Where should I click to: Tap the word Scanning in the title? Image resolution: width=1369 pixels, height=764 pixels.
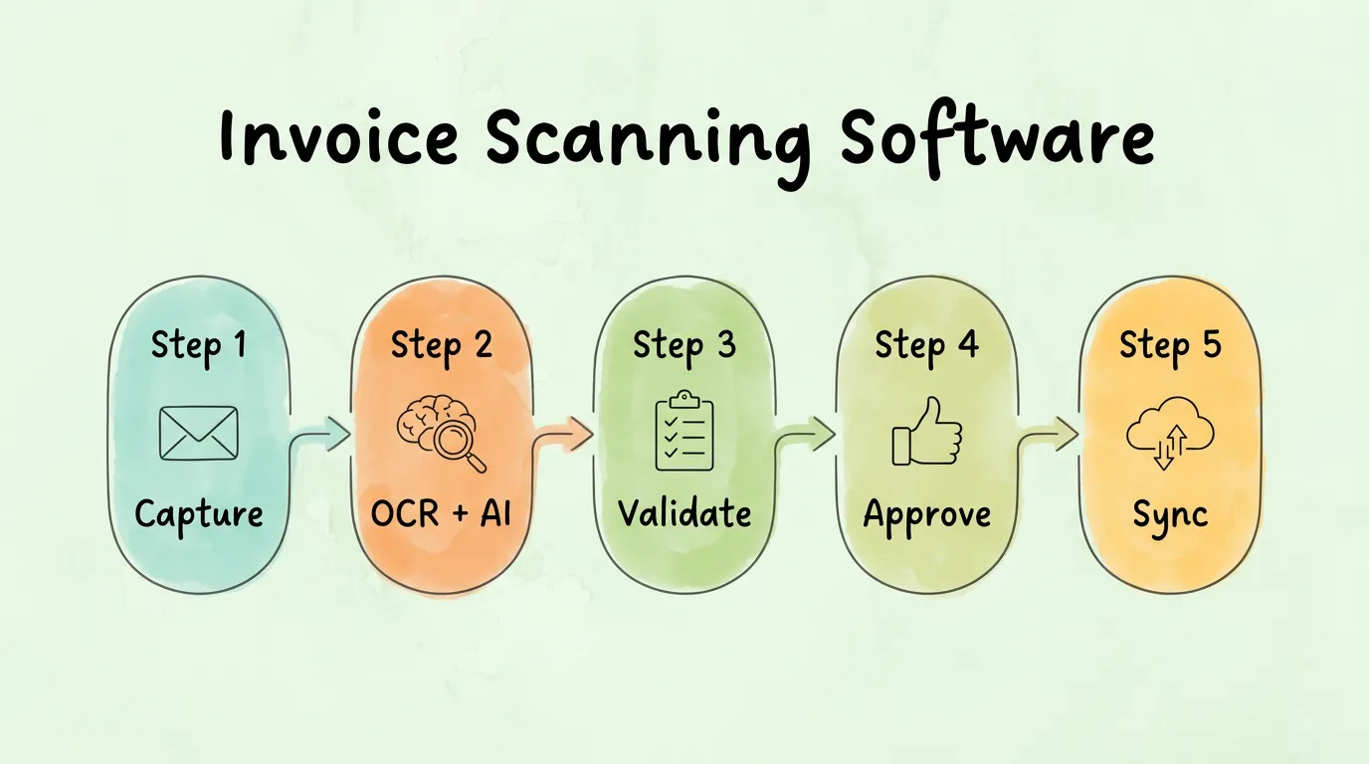coord(649,142)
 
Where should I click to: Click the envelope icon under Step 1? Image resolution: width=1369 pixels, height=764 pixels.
coord(199,434)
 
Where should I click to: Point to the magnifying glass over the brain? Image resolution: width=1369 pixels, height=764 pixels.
coord(457,444)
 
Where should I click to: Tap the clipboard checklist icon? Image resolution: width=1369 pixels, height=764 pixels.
coord(684,431)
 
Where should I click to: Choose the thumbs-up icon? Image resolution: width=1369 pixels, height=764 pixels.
coord(927,431)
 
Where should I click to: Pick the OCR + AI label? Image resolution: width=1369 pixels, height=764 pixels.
coord(441,512)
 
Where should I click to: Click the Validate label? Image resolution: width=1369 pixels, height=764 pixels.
coord(684,512)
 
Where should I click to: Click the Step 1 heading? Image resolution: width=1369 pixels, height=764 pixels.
coord(199,346)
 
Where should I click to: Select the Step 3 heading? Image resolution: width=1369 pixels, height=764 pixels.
coord(684,346)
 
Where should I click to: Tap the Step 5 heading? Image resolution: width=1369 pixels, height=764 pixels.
coord(1170,346)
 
